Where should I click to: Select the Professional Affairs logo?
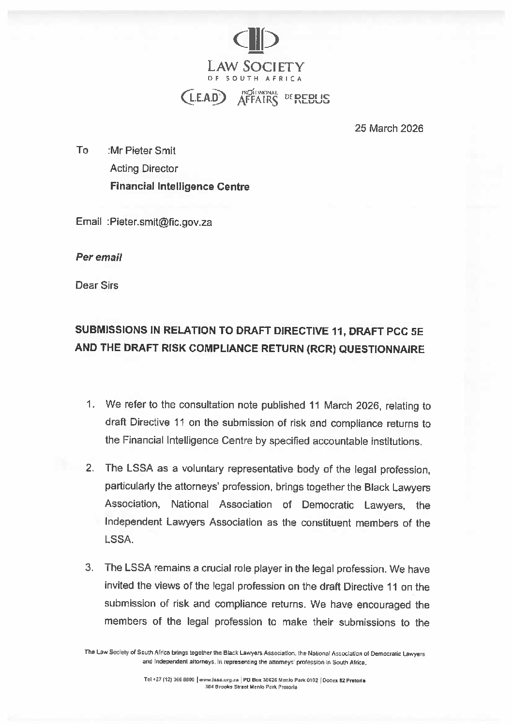click(x=258, y=97)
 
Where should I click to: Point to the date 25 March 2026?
click(x=389, y=129)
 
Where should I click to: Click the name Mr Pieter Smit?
click(x=143, y=150)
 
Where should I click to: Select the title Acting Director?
click(x=144, y=169)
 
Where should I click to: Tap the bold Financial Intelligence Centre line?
click(x=180, y=187)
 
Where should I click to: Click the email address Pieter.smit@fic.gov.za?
click(x=160, y=222)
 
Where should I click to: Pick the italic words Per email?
click(x=99, y=257)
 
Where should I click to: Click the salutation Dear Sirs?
click(x=97, y=285)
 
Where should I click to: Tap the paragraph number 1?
click(x=90, y=404)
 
